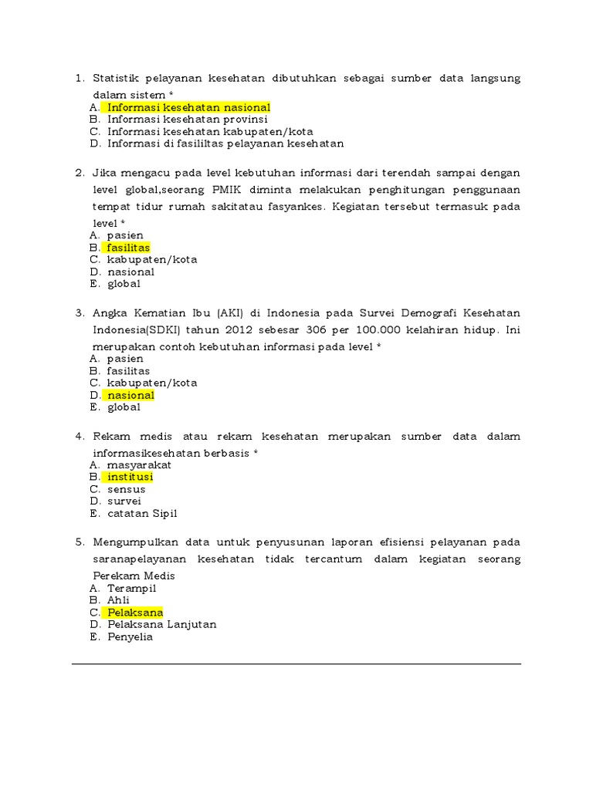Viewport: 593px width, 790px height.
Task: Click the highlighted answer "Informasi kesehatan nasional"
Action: click(x=188, y=107)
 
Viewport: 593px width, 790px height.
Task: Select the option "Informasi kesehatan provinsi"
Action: click(x=188, y=120)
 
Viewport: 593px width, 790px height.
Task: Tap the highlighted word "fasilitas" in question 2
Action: click(x=128, y=248)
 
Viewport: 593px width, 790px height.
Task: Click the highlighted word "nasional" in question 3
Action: click(x=130, y=395)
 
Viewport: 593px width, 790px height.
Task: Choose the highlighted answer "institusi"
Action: click(x=130, y=477)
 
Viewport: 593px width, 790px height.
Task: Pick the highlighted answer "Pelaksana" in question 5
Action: click(x=135, y=613)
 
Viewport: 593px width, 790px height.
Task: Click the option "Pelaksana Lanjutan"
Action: click(x=162, y=624)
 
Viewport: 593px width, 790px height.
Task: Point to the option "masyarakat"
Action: click(x=139, y=465)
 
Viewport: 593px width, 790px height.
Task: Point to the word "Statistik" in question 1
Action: click(x=119, y=78)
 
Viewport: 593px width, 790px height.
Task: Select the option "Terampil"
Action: click(x=132, y=588)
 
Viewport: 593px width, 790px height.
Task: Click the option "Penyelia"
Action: click(x=130, y=636)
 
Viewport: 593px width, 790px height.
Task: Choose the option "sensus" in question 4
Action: click(x=127, y=489)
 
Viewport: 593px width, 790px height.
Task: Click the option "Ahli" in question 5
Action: click(x=119, y=600)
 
